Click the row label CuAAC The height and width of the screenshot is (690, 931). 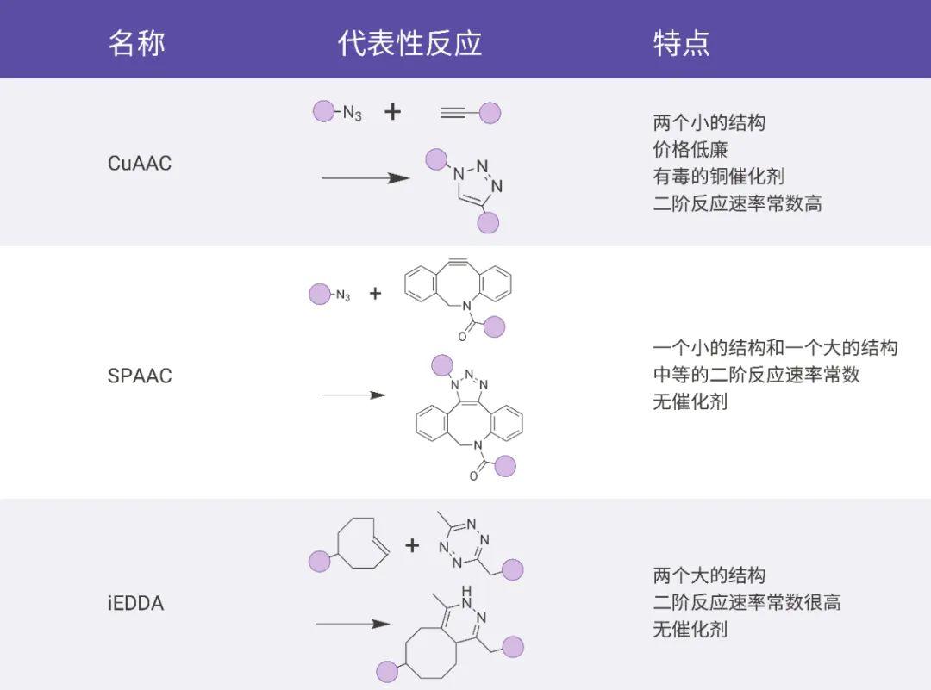pos(140,163)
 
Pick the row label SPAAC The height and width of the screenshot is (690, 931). pos(140,376)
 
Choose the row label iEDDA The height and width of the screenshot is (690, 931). pos(134,603)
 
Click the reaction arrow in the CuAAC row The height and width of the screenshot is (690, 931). pos(365,178)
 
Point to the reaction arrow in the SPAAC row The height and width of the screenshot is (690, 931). pos(353,395)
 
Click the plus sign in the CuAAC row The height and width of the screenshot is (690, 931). pos(392,111)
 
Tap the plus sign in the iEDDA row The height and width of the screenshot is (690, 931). pos(412,544)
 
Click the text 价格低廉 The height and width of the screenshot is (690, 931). pos(690,150)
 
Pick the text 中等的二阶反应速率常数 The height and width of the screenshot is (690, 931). pos(756,375)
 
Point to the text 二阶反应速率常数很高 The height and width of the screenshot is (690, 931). pos(747,602)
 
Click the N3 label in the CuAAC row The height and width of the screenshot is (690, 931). pos(352,113)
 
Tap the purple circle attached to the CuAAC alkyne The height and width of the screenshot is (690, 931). pos(490,112)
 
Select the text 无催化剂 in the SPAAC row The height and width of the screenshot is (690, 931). pos(690,401)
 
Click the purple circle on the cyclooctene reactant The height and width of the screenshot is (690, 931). pos(320,562)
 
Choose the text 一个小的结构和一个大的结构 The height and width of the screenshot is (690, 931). pos(775,347)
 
